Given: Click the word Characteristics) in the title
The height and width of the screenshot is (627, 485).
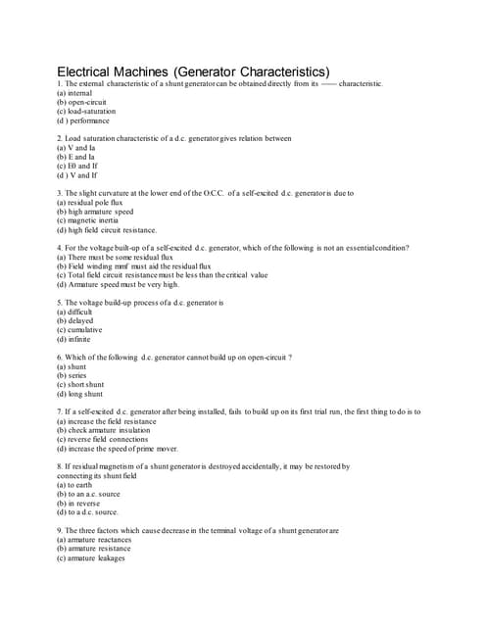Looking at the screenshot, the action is pos(273,72).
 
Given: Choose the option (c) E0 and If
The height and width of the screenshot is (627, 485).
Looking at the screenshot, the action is pos(77,166).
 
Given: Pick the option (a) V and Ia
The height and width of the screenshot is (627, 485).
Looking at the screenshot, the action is pos(75,148).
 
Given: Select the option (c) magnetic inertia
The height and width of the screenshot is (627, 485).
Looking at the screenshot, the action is pos(92,220).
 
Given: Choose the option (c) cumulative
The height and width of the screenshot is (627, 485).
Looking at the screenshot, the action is pos(79,330).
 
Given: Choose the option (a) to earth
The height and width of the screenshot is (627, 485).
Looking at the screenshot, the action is pos(73,485).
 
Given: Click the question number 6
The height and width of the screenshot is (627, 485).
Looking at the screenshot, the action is pos(60,358).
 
